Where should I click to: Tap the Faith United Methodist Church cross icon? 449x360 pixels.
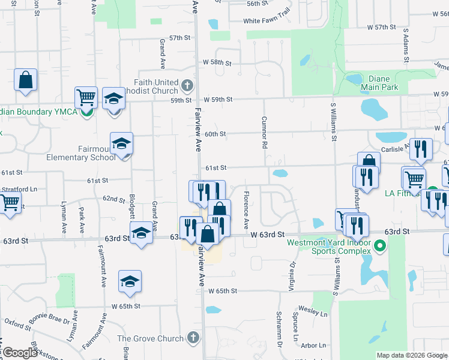[x=187, y=85]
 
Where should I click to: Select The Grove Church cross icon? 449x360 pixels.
[x=193, y=338]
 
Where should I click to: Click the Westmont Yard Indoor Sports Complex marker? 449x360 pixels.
[x=379, y=246]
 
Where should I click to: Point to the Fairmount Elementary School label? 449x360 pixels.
[x=81, y=153]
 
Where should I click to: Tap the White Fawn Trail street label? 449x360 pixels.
[x=267, y=21]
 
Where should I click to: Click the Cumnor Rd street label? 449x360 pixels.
[x=264, y=133]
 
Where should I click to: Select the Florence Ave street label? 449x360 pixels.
[x=246, y=210]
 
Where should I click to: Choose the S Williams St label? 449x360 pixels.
[x=334, y=122]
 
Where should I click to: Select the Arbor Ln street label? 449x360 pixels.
[x=313, y=345]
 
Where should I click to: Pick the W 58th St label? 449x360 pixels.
[x=217, y=62]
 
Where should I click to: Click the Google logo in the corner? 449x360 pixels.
[x=20, y=353]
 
